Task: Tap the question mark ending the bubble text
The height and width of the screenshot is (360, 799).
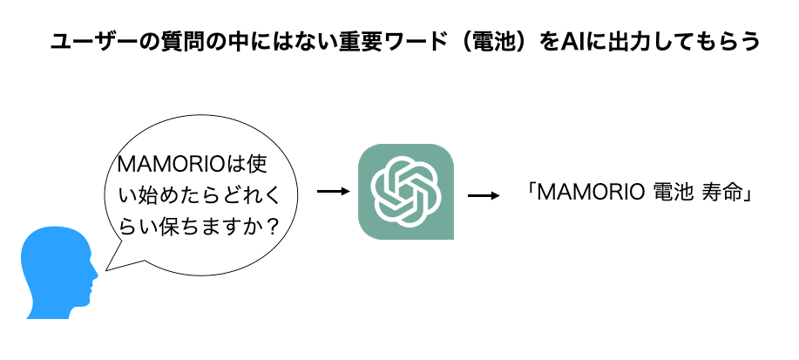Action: click(272, 226)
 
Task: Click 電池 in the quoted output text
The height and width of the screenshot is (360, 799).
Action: click(672, 194)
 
